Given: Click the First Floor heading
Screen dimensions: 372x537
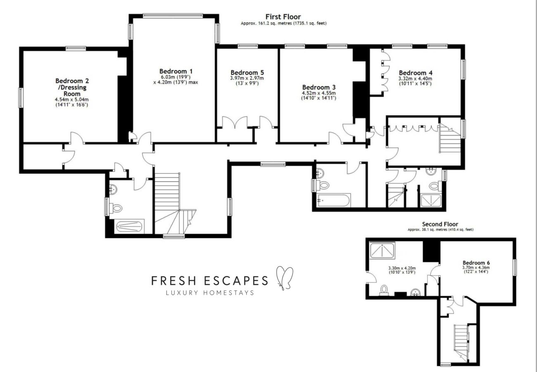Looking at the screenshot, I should pos(283,17).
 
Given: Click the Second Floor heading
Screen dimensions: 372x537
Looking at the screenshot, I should pos(440,224).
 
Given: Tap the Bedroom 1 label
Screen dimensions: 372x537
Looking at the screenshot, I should pos(176,71).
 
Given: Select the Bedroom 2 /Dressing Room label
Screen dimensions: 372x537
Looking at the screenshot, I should pos(72,87).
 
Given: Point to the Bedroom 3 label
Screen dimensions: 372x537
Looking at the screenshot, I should pos(319,87).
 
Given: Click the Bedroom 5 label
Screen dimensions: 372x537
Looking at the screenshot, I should pos(247,72).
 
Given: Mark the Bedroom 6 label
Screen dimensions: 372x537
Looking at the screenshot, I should pos(476,262).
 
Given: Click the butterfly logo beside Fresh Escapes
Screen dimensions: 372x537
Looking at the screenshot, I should pos(285,277).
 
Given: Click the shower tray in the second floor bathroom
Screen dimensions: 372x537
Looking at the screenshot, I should pos(382,250).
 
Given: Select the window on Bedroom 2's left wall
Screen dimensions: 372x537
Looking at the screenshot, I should pos(20,98).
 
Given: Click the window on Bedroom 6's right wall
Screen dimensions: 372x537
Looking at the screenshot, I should pos(515,267).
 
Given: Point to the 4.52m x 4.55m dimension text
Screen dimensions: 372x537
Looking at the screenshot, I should pos(319,93).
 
